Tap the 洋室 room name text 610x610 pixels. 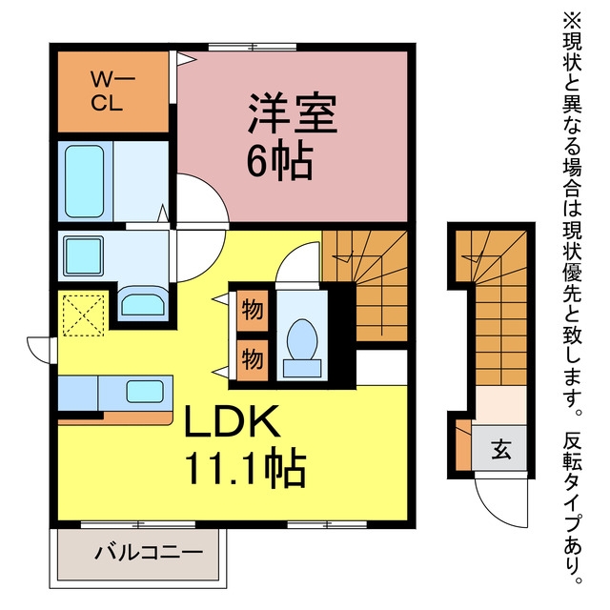click(x=293, y=113)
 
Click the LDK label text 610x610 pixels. click(x=233, y=421)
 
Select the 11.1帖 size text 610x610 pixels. click(x=246, y=468)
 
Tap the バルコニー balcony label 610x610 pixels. click(x=149, y=553)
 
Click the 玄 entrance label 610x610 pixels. click(x=500, y=449)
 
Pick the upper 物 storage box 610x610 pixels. click(x=253, y=311)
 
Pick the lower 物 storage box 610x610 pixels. click(x=253, y=359)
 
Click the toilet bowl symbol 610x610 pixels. click(x=302, y=339)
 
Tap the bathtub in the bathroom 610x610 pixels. click(x=85, y=181)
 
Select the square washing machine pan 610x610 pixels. click(x=84, y=256)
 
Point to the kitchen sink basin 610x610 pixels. click(x=145, y=392)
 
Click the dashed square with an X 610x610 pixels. click(x=84, y=315)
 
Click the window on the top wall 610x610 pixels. click(x=253, y=47)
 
